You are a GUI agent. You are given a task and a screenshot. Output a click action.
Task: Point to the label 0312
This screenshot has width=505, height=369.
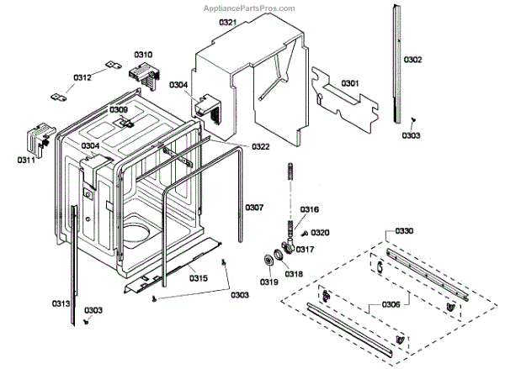pos(82,77)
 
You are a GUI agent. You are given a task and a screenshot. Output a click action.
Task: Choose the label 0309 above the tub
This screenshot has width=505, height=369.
pos(119,110)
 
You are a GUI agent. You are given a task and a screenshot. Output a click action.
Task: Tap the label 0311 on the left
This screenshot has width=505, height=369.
pos(27,158)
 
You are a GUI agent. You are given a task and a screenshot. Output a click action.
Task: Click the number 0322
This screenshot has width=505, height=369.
pos(260,147)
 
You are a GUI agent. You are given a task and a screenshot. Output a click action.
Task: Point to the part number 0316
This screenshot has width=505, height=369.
pos(310,209)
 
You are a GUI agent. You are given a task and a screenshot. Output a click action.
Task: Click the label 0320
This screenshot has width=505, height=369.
pos(321,233)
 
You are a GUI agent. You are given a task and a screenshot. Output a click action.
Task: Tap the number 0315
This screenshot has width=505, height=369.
pos(198,278)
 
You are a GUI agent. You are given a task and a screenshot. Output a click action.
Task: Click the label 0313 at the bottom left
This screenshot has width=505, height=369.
pos(60,303)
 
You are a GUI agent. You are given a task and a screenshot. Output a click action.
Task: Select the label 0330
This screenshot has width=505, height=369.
pos(405,231)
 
